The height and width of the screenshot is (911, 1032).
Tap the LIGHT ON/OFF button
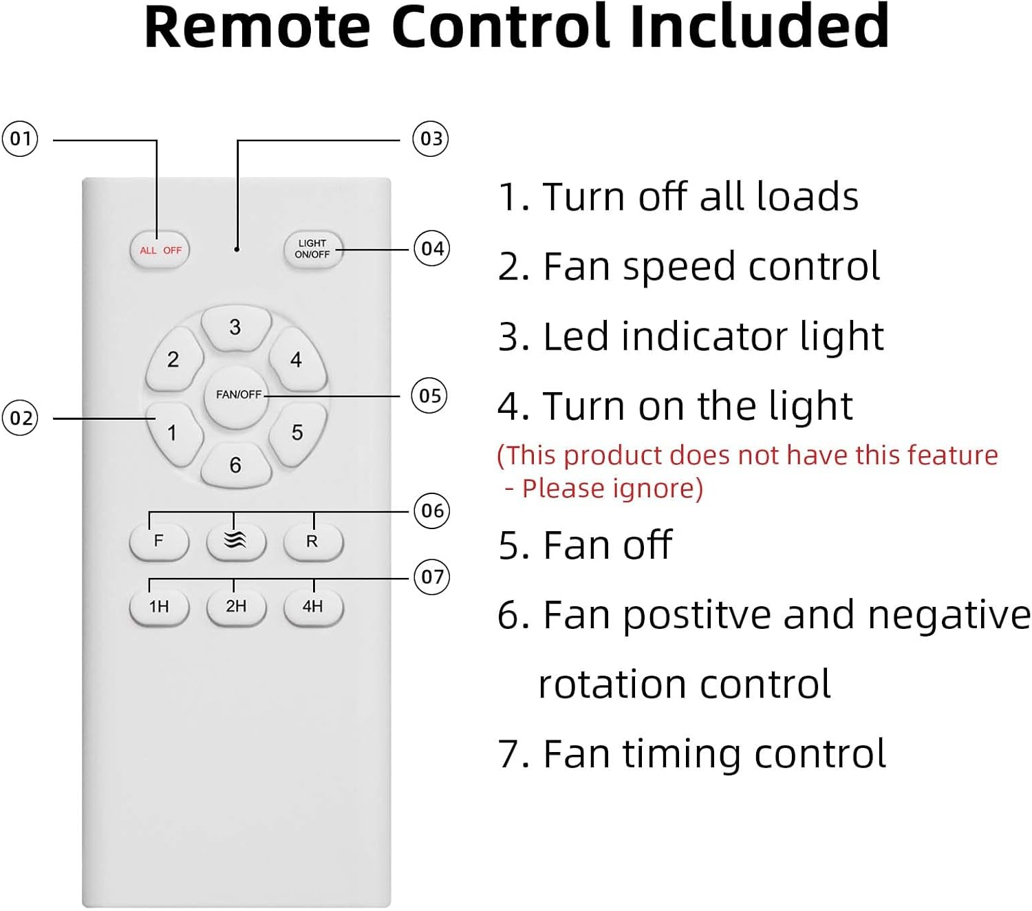click(x=313, y=249)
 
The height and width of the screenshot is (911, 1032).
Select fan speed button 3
click(x=235, y=328)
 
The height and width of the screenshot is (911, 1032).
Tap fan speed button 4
click(x=297, y=360)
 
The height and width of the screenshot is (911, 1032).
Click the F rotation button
click(x=159, y=542)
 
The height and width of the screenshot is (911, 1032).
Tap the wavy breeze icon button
click(x=235, y=542)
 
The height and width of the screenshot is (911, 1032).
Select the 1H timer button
click(x=159, y=607)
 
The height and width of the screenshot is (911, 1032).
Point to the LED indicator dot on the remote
click(x=237, y=249)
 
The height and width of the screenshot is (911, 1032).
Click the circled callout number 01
click(x=20, y=139)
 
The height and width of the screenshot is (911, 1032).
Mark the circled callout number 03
click(x=431, y=139)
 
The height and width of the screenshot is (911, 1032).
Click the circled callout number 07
click(x=432, y=577)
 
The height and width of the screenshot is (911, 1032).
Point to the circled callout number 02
click(x=20, y=418)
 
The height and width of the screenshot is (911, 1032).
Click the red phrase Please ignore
click(x=612, y=489)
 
